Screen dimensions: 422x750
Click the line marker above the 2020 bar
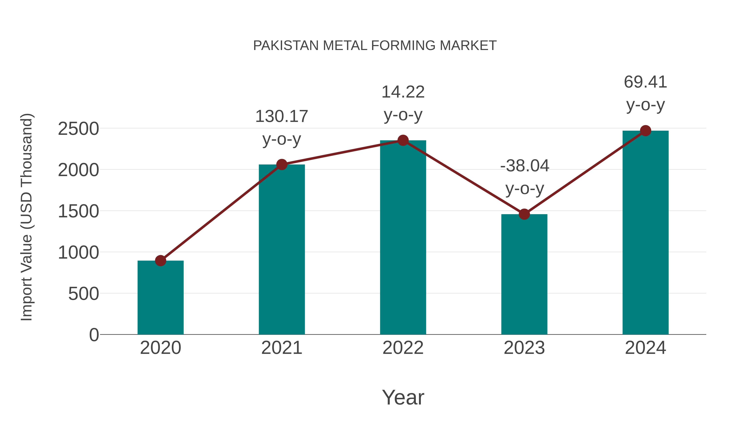point(160,261)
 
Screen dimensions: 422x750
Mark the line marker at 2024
point(645,131)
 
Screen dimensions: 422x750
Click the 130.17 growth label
point(281,116)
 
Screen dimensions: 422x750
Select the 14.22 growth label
point(403,92)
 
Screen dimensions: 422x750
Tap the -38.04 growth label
point(524,166)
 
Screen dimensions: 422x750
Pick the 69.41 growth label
point(645,82)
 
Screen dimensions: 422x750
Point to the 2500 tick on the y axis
point(78,129)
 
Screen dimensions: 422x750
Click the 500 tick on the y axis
point(83,294)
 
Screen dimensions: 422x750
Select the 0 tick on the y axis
point(94,335)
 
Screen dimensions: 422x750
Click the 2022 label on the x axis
point(403,348)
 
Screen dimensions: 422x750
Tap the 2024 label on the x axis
point(645,348)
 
